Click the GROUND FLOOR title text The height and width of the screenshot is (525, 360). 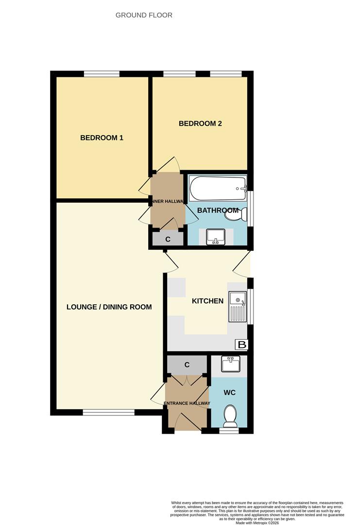tap(144, 15)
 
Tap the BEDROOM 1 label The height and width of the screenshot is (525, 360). tap(102, 138)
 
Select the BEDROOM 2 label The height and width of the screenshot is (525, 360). tap(200, 123)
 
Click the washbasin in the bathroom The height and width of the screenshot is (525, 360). tap(215, 237)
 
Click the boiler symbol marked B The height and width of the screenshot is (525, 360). tap(241, 345)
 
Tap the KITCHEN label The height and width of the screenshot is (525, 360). tap(207, 301)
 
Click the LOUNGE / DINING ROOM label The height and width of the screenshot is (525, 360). tap(109, 307)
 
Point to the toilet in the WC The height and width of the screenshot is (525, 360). tap(230, 416)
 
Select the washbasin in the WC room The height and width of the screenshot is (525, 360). tap(230, 364)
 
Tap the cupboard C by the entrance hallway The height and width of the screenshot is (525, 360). tap(187, 365)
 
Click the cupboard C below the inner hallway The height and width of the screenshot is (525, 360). tap(168, 239)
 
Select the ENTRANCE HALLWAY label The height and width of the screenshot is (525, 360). tap(187, 403)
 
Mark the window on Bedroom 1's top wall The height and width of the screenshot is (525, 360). tap(102, 74)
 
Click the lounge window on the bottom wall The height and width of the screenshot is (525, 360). tap(108, 412)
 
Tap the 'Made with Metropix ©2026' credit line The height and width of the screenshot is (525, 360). tap(257, 523)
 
